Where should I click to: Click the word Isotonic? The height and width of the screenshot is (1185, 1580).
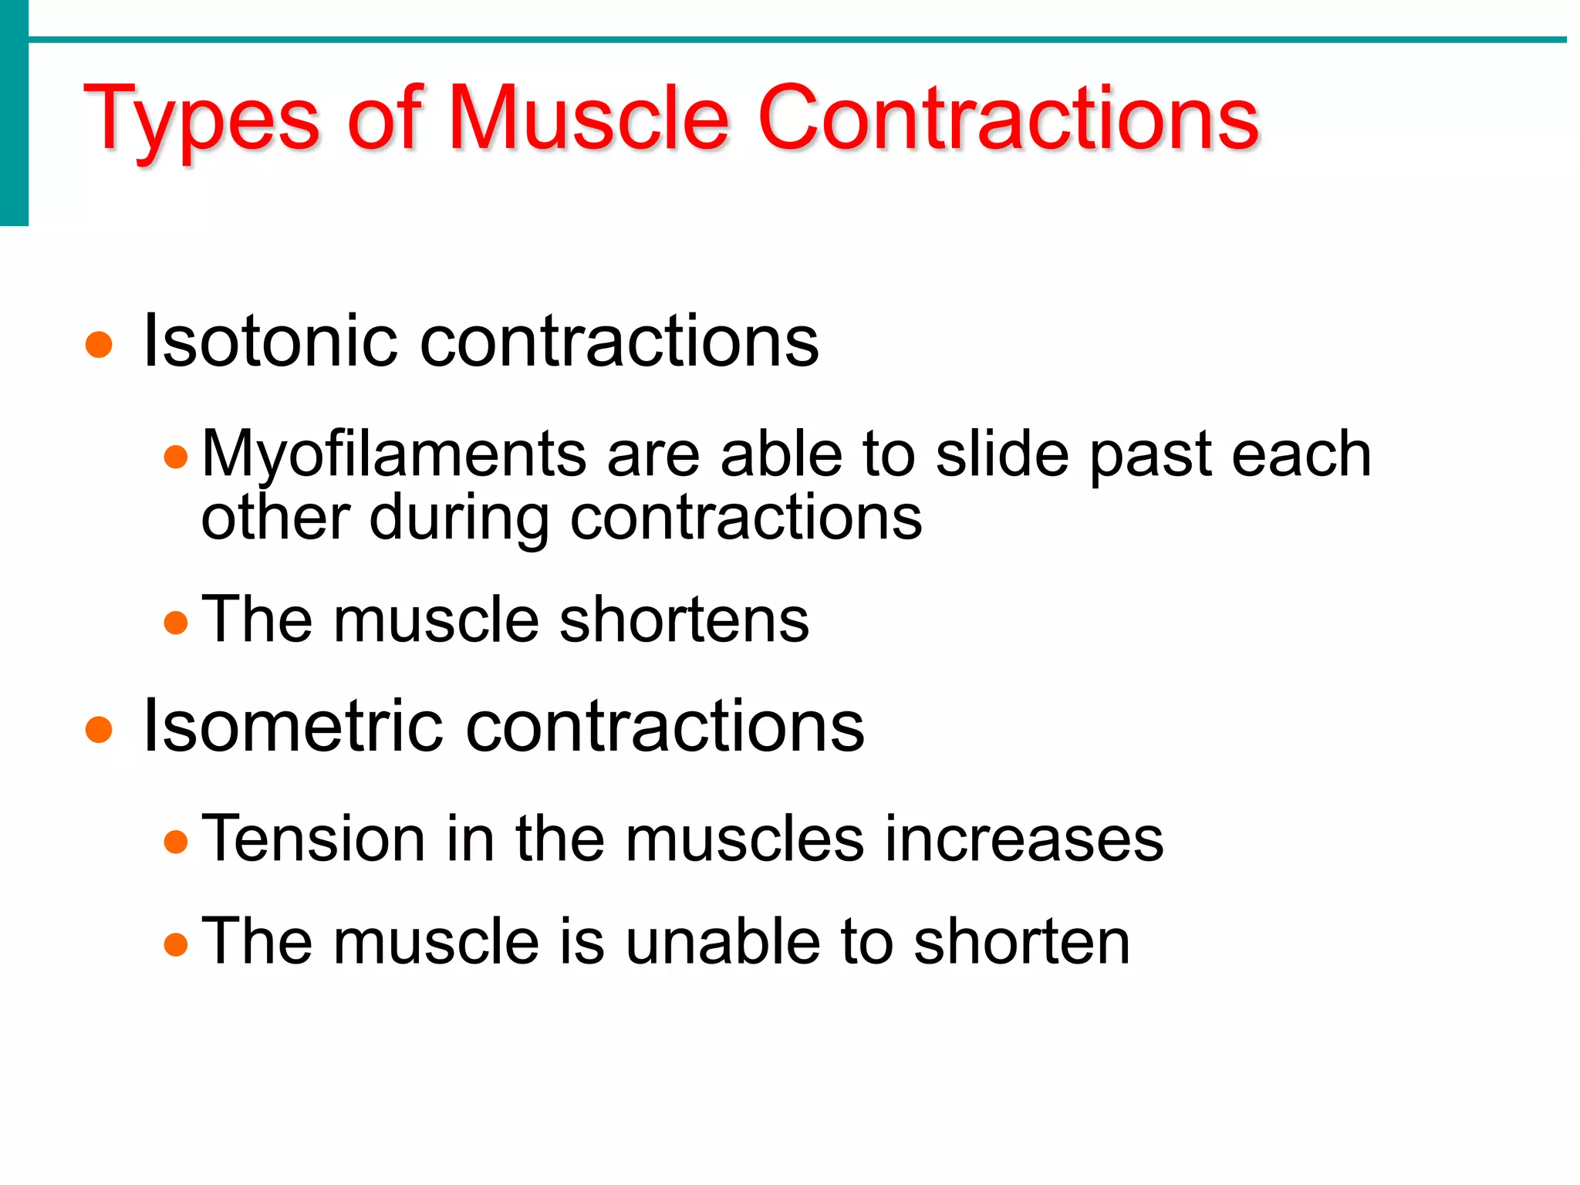270,341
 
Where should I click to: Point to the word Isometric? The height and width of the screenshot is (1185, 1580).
293,726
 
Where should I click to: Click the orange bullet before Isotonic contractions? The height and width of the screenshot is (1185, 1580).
99,345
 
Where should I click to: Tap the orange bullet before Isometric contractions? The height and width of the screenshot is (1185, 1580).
99,729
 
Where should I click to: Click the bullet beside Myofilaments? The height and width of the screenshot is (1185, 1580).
176,457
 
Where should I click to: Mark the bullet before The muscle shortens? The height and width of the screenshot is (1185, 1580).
176,622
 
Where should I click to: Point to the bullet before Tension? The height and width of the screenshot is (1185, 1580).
176,841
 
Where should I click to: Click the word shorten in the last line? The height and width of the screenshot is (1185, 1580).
1021,941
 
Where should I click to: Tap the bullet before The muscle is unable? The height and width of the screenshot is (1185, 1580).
176,944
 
